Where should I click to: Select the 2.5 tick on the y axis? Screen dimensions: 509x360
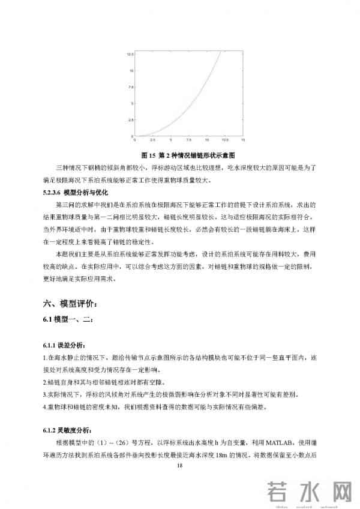coord(130,120)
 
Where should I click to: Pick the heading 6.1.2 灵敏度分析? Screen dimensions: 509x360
coord(71,430)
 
